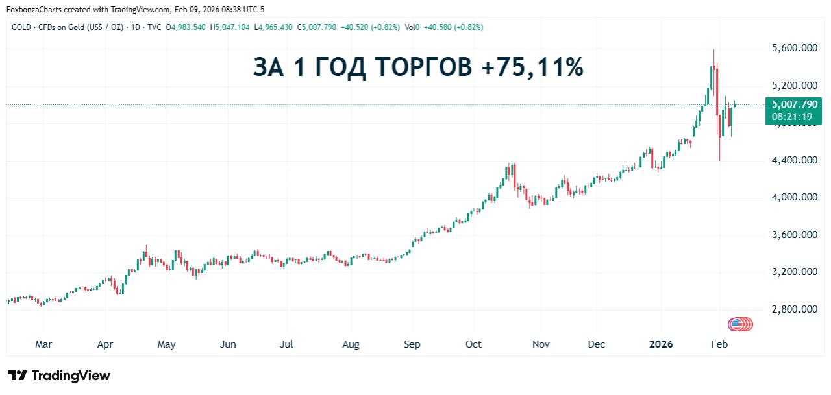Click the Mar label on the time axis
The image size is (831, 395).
43,344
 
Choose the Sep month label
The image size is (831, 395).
412,344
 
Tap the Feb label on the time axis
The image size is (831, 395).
718,344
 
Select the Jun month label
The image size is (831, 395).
228,344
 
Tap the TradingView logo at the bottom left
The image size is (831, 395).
59,376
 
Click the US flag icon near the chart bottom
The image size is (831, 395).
737,324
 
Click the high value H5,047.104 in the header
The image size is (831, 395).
232,27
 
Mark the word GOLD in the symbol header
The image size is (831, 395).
21,27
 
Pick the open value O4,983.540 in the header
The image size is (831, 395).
186,27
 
